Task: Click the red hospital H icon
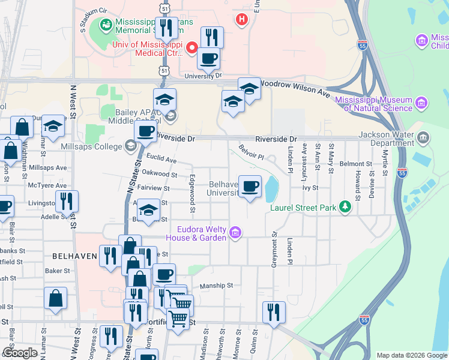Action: click(x=242, y=20)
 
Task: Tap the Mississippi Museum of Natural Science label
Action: click(x=373, y=104)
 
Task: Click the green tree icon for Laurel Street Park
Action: click(x=345, y=208)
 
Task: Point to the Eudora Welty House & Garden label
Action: click(x=201, y=233)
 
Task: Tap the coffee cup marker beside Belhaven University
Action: click(x=250, y=186)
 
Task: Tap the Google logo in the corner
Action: click(x=20, y=353)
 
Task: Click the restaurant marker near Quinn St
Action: click(x=274, y=312)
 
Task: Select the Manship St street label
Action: click(x=215, y=286)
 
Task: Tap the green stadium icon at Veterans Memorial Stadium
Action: click(x=106, y=25)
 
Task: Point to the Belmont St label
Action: click(x=356, y=164)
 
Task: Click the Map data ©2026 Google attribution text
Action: click(x=412, y=355)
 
